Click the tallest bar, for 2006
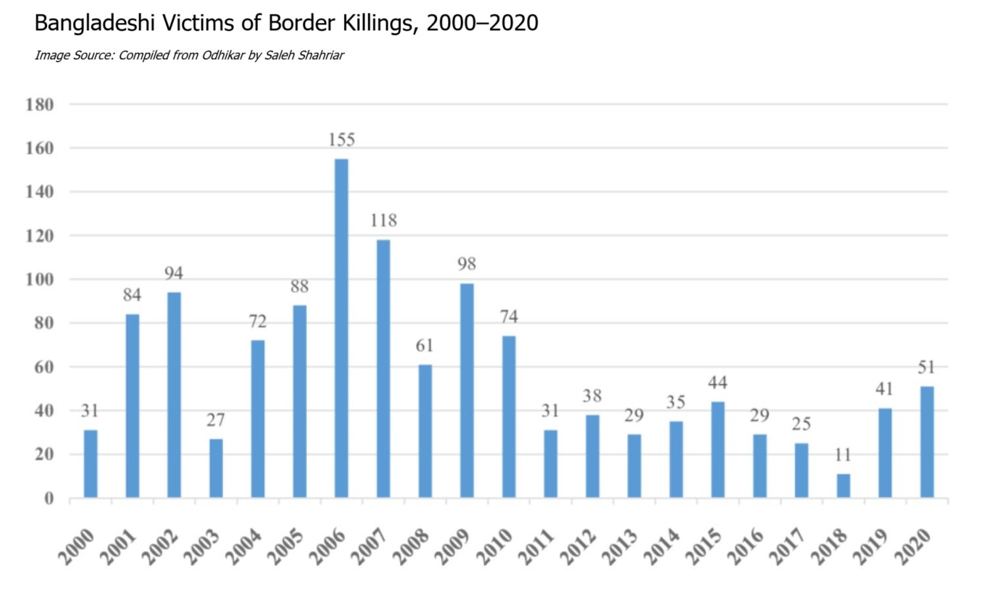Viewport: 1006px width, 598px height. [341, 328]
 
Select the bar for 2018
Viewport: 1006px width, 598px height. [843, 485]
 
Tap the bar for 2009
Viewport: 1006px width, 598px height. [467, 390]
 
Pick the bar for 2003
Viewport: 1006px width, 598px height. [216, 468]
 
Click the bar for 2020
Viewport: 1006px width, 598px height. [927, 442]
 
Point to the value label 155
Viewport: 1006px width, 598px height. [341, 140]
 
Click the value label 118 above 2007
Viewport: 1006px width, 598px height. [384, 220]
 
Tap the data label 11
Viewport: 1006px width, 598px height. [843, 455]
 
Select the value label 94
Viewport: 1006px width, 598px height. [174, 273]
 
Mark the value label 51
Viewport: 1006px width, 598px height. [927, 368]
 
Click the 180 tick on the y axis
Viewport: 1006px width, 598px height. [40, 104]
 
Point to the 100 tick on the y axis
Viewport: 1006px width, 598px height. [40, 279]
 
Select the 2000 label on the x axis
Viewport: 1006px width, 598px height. [77, 547]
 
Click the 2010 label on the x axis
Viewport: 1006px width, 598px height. [495, 547]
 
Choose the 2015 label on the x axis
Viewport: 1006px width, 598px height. [704, 547]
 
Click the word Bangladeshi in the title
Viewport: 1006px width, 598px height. [94, 23]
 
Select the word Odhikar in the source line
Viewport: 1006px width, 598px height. [223, 55]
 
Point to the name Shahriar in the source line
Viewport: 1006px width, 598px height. [321, 55]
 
